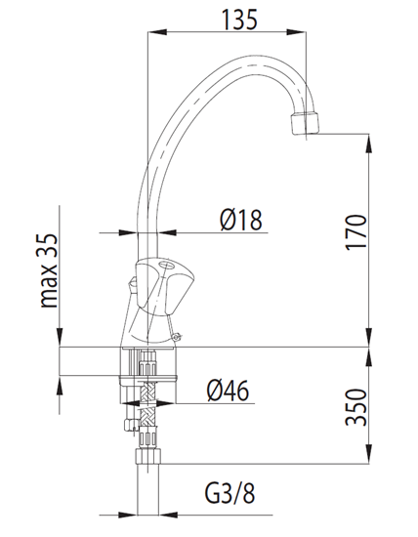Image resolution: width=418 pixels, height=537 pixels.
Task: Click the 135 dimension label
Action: [239, 20]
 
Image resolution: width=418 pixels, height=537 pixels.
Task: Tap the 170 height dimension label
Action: [355, 232]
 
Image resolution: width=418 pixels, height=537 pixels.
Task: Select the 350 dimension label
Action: [355, 407]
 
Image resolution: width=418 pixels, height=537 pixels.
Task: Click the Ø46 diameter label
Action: [228, 391]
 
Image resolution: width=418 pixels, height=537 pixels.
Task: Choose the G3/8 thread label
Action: [230, 493]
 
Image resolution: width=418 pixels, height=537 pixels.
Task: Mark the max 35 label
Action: [49, 270]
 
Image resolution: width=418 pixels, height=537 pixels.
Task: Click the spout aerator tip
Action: [305, 123]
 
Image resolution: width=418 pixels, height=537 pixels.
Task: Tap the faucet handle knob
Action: [160, 287]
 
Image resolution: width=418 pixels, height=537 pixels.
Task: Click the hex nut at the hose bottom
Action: [147, 456]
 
